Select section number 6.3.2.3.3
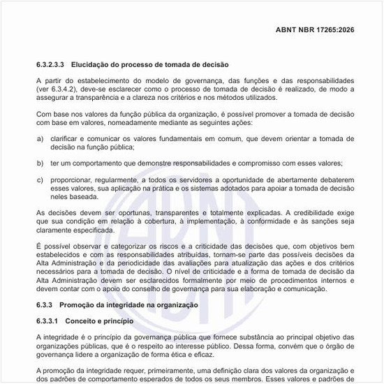[x=51, y=64]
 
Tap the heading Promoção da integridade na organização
[x=128, y=305]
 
